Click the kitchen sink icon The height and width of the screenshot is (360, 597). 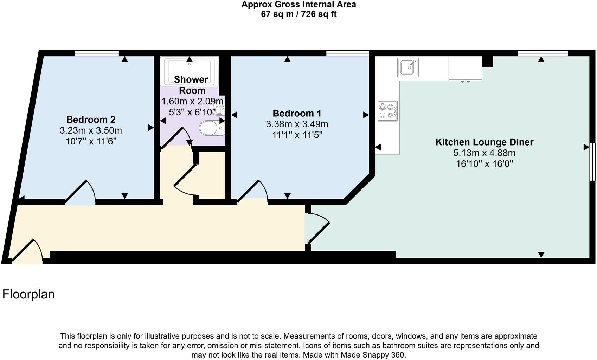point(408,67)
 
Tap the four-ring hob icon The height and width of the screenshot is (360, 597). point(387,111)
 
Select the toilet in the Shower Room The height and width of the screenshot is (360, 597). point(210,128)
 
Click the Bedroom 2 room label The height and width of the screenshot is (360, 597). point(91,120)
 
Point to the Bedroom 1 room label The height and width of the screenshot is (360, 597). point(297,113)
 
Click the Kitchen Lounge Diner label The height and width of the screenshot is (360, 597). point(484,142)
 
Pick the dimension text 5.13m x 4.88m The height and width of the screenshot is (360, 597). point(484,153)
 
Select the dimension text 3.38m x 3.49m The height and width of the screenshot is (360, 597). point(297,124)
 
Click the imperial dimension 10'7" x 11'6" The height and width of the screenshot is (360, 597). point(91,141)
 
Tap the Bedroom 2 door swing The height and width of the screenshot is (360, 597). point(82,193)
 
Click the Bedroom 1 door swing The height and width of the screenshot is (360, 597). point(254,192)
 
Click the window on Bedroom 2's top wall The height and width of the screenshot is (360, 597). point(97,53)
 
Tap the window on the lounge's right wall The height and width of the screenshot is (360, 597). point(592,162)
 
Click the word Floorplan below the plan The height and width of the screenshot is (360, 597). point(28,294)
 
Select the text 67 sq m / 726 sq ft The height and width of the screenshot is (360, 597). point(298,14)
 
